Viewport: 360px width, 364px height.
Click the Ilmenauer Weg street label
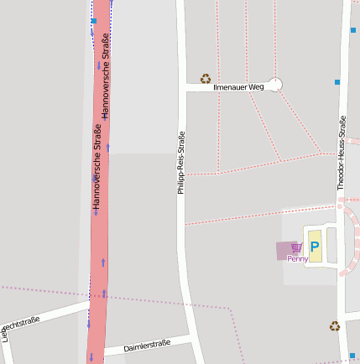point(239,86)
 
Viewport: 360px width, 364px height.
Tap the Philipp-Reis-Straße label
point(180,163)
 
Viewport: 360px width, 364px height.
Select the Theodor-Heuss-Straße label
point(342,153)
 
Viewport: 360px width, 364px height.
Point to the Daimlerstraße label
point(147,346)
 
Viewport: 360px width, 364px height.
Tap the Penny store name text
point(297,259)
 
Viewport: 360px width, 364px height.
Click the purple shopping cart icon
point(296,247)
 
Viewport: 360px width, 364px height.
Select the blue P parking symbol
point(315,247)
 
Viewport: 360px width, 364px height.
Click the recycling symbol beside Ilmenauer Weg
point(206,79)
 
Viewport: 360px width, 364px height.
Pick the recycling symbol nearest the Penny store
point(335,325)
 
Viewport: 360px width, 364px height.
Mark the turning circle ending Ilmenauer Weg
point(275,85)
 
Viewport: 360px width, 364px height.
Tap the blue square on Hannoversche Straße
point(94,20)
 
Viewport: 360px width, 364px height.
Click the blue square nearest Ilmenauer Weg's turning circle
point(337,82)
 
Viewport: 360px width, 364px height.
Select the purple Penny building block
point(286,250)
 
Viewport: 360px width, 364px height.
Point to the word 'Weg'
point(256,86)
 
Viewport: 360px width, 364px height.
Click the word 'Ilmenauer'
point(230,86)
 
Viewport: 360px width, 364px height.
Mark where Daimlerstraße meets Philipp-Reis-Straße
point(190,337)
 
